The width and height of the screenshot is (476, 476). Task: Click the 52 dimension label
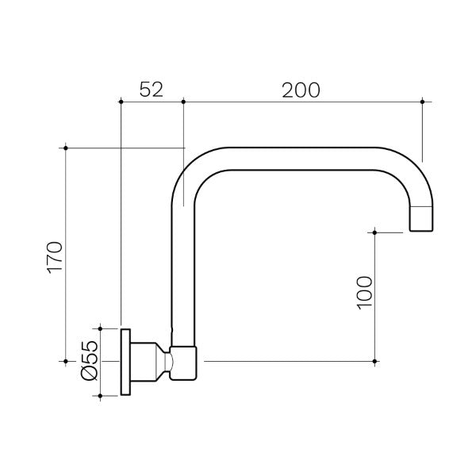tap(151, 90)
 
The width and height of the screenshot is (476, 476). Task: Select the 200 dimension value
tap(301, 90)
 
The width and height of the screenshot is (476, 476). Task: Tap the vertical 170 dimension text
tap(55, 256)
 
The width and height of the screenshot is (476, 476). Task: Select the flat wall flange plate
tap(125, 361)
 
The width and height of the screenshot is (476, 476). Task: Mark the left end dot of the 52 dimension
tap(120, 101)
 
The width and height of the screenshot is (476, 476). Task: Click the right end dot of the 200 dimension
tap(422, 101)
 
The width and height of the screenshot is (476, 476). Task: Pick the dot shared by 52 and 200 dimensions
tap(183, 101)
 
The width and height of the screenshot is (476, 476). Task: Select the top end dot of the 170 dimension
tap(66, 148)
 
